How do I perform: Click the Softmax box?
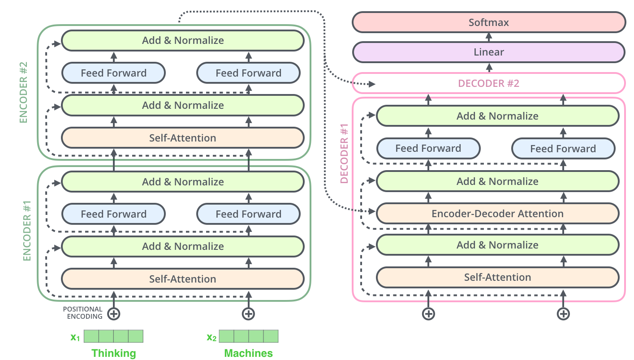[488, 22]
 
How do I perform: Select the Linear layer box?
[488, 52]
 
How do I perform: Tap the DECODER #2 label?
[488, 83]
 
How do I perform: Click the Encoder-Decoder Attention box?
[497, 214]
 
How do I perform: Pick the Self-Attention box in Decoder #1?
[497, 277]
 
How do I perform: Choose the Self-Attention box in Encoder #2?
[183, 138]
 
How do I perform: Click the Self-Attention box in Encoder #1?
[183, 279]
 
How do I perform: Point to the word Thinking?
[114, 353]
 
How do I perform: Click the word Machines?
[248, 353]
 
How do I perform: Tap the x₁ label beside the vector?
[75, 337]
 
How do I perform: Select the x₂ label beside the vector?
[211, 337]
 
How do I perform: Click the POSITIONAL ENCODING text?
[82, 313]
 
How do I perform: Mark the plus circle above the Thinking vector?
[114, 313]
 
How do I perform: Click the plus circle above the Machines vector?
[248, 313]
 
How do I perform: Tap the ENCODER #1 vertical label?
[26, 231]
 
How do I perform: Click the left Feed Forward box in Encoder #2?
[113, 73]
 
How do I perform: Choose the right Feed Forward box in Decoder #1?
[563, 149]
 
